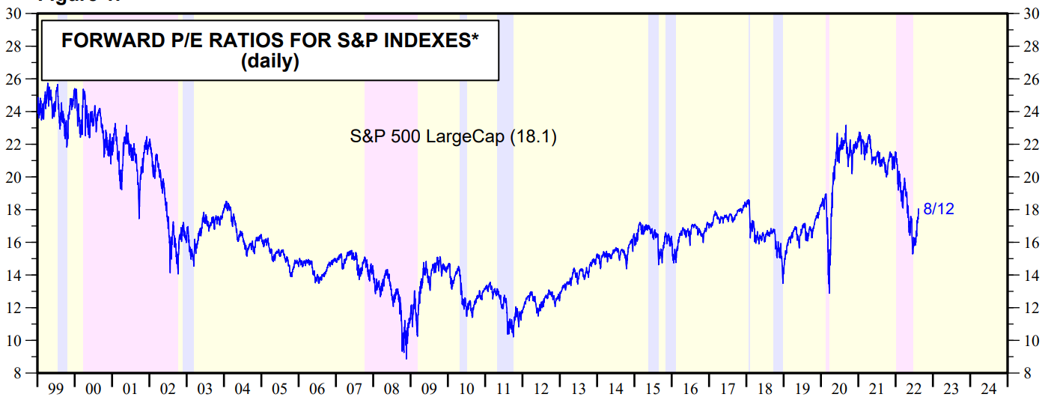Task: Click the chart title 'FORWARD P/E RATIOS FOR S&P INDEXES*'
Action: (x=269, y=42)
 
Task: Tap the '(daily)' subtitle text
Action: (x=269, y=61)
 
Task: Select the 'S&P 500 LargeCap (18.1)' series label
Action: (x=454, y=137)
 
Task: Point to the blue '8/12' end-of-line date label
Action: (x=939, y=210)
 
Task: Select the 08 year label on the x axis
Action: (x=391, y=390)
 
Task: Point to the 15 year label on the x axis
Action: (x=653, y=390)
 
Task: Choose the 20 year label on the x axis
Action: (x=839, y=390)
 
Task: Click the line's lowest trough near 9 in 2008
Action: (x=406, y=358)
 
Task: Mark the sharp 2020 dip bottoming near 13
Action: (x=829, y=292)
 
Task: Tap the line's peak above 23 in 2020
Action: (x=845, y=126)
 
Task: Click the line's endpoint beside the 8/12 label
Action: (x=919, y=210)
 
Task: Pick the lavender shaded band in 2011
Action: (x=505, y=225)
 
